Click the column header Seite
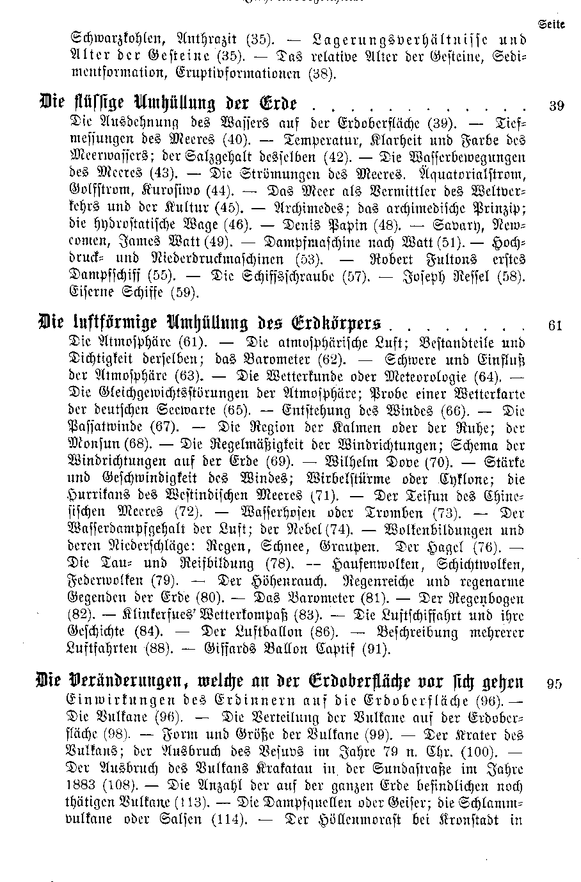point(551,25)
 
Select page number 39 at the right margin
point(556,106)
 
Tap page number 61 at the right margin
point(555,325)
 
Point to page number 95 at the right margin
point(555,684)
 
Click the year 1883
point(83,785)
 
